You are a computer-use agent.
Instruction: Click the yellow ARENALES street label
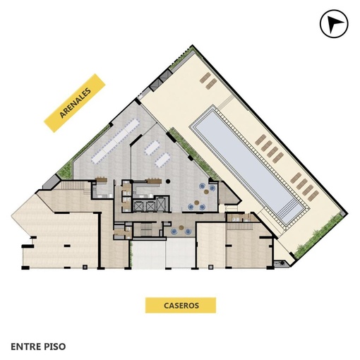coord(75,103)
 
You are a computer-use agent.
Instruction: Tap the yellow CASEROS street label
coord(181,305)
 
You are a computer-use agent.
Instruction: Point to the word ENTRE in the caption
coord(25,347)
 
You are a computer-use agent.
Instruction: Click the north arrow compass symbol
coord(334,23)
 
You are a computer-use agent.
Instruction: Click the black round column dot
coord(168,181)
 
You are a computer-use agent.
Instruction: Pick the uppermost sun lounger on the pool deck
coord(205,78)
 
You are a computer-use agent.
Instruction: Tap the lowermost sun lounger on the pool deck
coord(313,196)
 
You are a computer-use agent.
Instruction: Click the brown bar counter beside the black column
coord(154,181)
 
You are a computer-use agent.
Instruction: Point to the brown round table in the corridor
coord(181,227)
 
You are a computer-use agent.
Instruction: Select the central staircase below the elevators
coord(146,229)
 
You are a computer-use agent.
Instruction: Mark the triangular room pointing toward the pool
coord(228,193)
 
